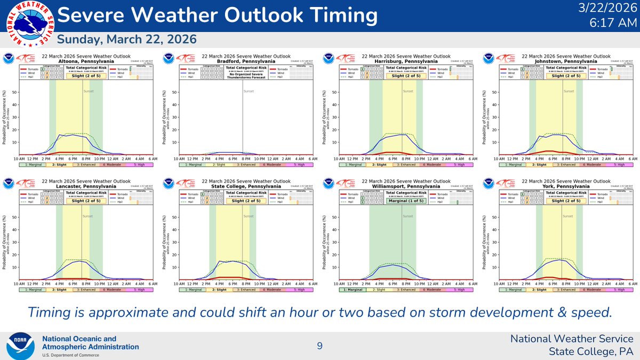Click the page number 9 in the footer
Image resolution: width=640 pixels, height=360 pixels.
point(319,346)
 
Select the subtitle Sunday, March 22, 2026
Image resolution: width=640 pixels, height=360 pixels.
point(126,39)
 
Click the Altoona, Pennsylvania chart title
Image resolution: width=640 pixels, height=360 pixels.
point(85,61)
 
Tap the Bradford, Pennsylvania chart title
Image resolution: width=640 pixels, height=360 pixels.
point(245,61)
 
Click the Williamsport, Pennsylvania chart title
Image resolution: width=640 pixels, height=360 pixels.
point(405,186)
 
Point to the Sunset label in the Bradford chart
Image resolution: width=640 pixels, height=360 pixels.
point(249,91)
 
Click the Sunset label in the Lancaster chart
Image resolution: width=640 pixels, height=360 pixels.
point(89,216)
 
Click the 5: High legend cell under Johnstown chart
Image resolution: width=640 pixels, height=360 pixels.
point(619,165)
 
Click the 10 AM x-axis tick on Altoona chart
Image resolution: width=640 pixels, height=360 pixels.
point(19,159)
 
